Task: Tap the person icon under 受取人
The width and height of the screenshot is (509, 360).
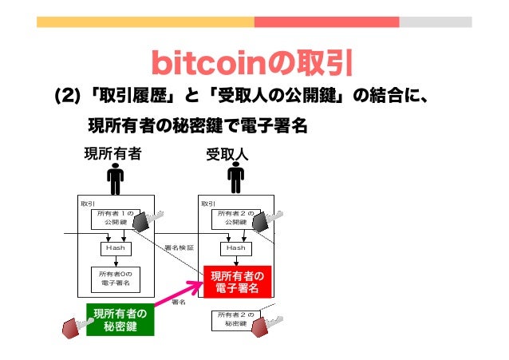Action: pos(235,179)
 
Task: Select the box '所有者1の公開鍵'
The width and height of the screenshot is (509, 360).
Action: pos(117,218)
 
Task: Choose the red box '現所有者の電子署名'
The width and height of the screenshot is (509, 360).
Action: pos(236,282)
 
